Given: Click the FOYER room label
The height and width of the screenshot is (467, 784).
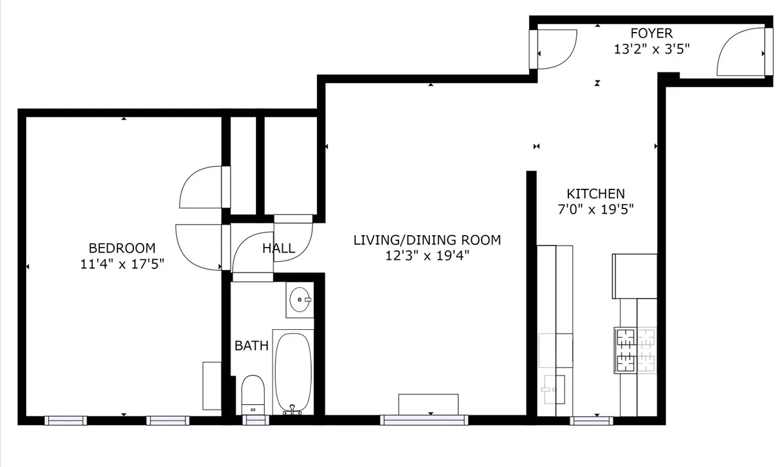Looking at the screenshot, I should (x=651, y=33).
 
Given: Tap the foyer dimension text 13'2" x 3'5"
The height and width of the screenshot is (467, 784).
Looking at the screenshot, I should (x=651, y=48).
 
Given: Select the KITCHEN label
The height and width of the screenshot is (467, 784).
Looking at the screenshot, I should (x=595, y=194).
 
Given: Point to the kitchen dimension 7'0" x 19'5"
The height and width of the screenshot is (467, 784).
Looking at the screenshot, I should (x=595, y=209).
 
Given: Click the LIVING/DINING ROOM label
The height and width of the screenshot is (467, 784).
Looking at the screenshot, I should (x=427, y=240).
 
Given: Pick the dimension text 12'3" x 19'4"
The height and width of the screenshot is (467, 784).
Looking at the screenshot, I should (x=427, y=255).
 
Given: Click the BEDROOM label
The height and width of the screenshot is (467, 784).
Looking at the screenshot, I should (x=122, y=248).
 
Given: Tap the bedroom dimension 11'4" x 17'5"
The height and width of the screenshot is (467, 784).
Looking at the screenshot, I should (x=122, y=264).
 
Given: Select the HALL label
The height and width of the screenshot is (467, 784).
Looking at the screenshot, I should (x=278, y=248).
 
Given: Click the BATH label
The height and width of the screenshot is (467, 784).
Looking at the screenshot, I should (x=252, y=346).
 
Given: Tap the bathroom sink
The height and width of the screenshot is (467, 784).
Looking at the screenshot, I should (x=300, y=300).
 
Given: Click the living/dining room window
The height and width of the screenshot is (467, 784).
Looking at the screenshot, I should (x=423, y=420).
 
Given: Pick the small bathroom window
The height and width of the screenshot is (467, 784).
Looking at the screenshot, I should (x=254, y=420).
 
